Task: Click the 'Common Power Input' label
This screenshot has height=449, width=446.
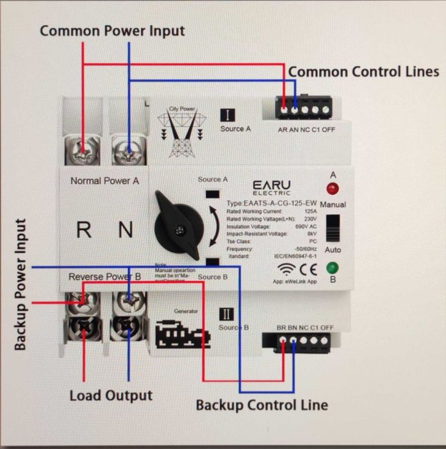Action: pyautogui.click(x=112, y=31)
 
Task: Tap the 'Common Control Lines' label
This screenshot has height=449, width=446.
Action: pyautogui.click(x=363, y=71)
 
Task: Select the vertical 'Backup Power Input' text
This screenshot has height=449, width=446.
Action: pyautogui.click(x=21, y=285)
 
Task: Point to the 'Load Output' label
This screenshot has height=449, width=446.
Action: pyautogui.click(x=111, y=395)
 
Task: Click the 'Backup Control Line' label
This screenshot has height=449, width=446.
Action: pyautogui.click(x=261, y=405)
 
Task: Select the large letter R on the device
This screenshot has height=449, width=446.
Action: pyautogui.click(x=84, y=230)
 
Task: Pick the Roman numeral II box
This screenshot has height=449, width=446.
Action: pyautogui.click(x=227, y=313)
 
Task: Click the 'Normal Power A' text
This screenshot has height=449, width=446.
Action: pyautogui.click(x=104, y=181)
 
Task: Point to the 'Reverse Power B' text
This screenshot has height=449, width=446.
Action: pyautogui.click(x=104, y=276)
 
